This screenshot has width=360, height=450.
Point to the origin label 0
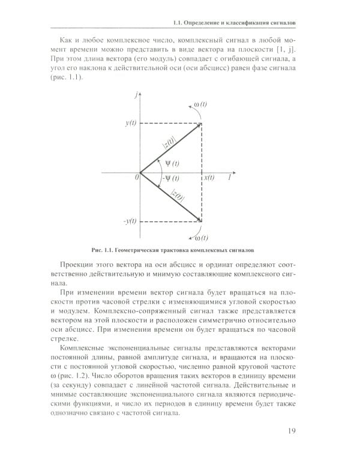[x=137, y=178]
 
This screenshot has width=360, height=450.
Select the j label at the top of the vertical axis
[x=138, y=95]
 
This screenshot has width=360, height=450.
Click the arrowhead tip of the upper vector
[x=200, y=124]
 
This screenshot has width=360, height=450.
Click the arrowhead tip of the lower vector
[x=200, y=221]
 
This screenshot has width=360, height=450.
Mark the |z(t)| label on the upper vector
[x=168, y=142]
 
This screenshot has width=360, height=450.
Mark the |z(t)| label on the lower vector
[x=178, y=195]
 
